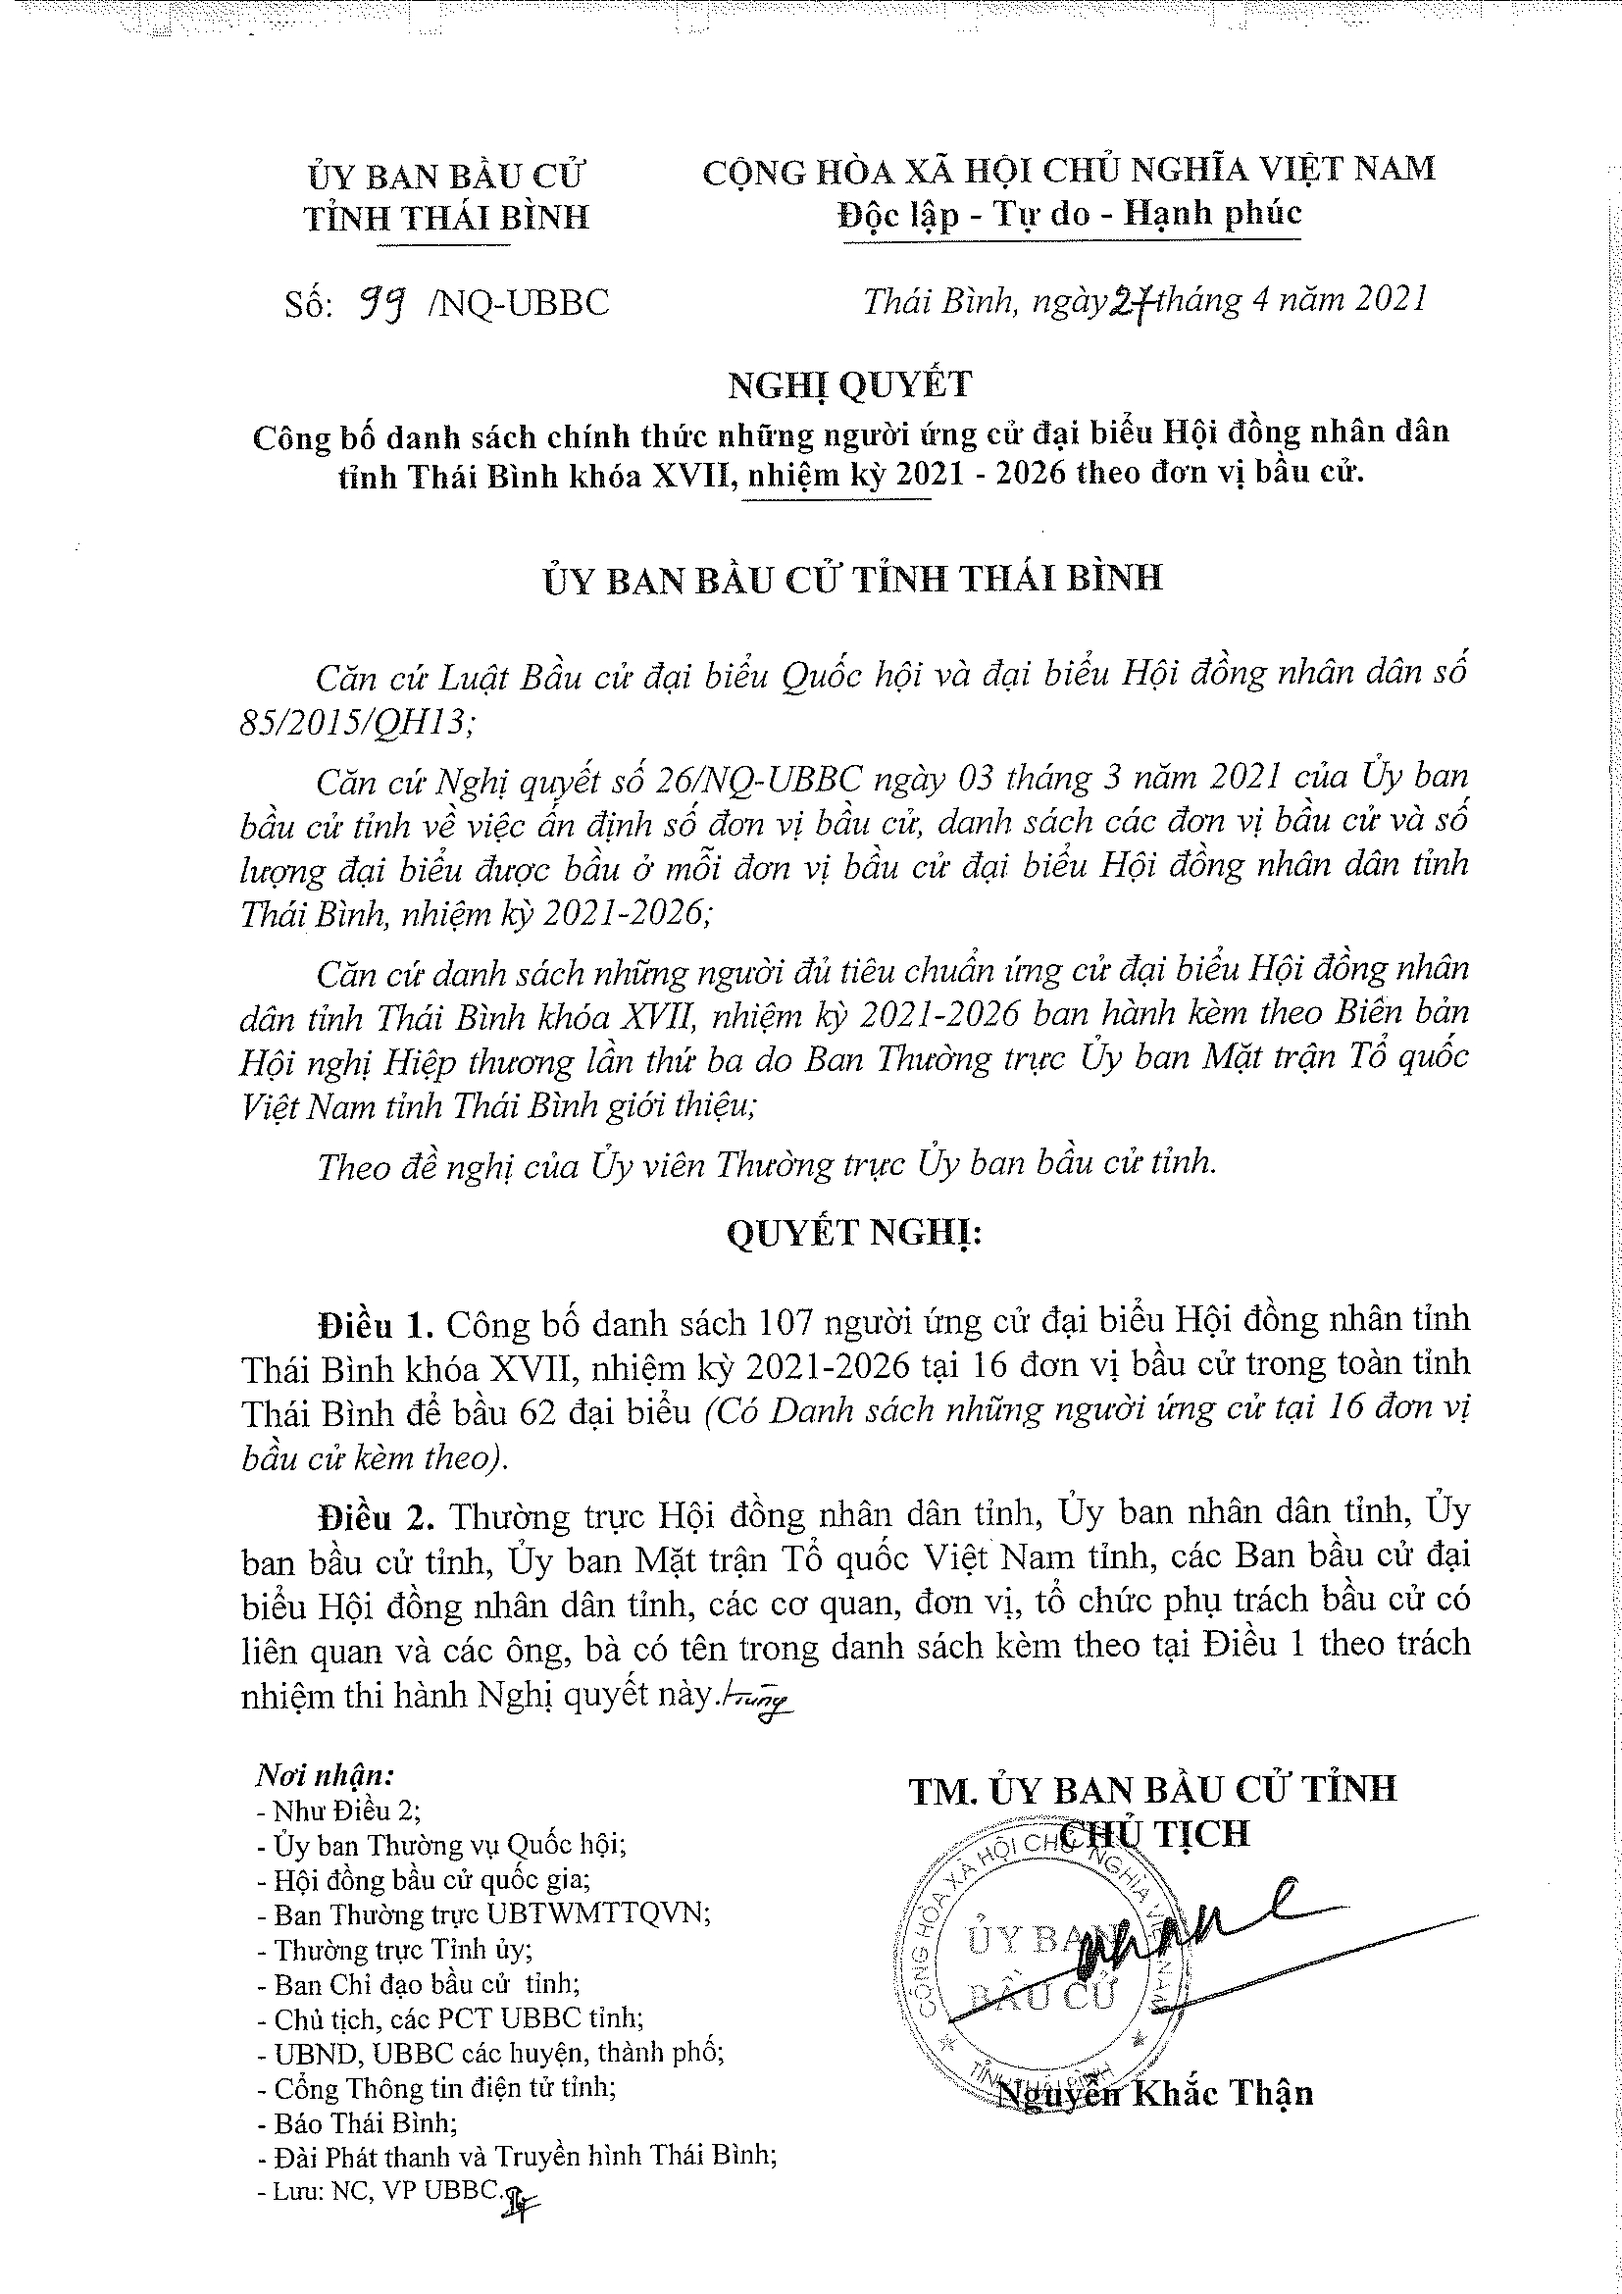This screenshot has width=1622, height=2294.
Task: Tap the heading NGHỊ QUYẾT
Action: (849, 383)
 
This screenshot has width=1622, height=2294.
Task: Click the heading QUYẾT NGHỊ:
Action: (854, 1234)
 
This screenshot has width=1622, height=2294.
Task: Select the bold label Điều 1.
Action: (375, 1324)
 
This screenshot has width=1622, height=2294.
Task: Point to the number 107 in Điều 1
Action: (788, 1323)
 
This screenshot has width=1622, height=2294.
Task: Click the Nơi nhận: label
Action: (325, 1775)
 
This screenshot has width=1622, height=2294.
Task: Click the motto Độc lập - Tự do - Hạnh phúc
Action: (1070, 214)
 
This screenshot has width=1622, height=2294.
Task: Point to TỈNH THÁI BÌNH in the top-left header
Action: (446, 218)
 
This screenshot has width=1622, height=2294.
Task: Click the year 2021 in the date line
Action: (1387, 300)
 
